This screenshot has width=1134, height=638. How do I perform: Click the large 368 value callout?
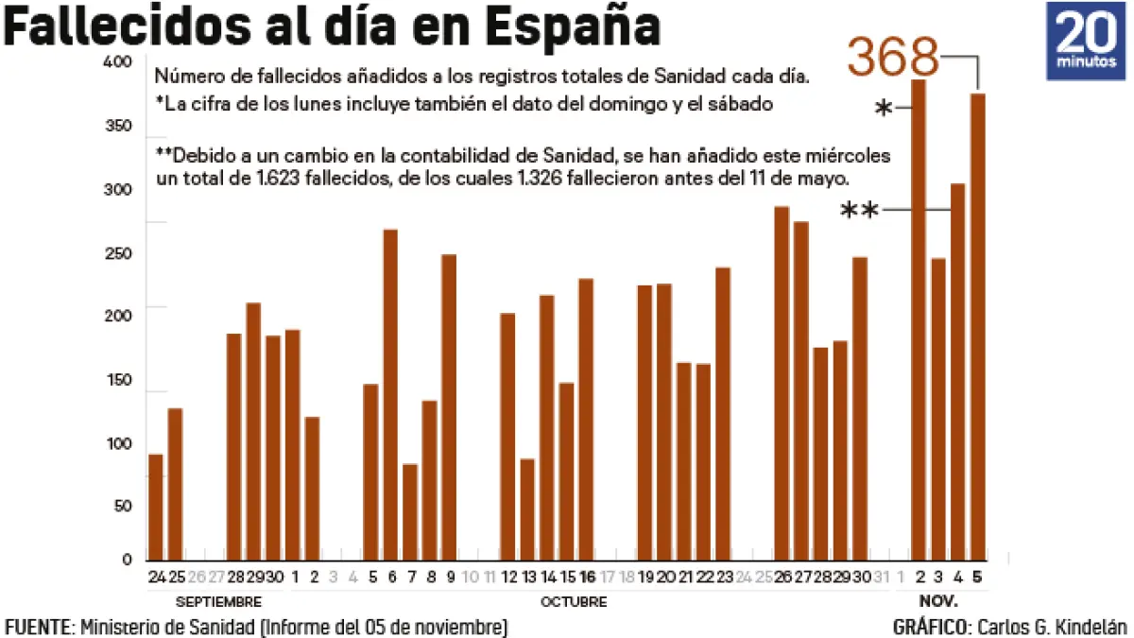pyautogui.click(x=893, y=57)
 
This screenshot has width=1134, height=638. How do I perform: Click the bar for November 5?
pyautogui.click(x=978, y=326)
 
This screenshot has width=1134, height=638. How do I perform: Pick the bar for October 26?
pyautogui.click(x=782, y=383)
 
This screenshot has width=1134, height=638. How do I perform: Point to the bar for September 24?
pyautogui.click(x=156, y=508)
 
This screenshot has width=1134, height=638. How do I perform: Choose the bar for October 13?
pyautogui.click(x=527, y=509)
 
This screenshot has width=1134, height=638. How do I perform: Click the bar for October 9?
pyautogui.click(x=449, y=407)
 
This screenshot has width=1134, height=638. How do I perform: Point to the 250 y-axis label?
pyautogui.click(x=119, y=254)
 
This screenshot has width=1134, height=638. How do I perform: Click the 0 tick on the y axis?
pyautogui.click(x=126, y=560)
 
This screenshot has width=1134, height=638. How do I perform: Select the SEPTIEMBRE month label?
pyautogui.click(x=218, y=602)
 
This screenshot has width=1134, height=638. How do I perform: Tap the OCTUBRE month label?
pyautogui.click(x=574, y=602)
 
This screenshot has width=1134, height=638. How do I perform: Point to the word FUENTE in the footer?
pyautogui.click(x=39, y=627)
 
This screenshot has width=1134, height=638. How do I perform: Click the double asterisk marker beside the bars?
pyautogui.click(x=859, y=211)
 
